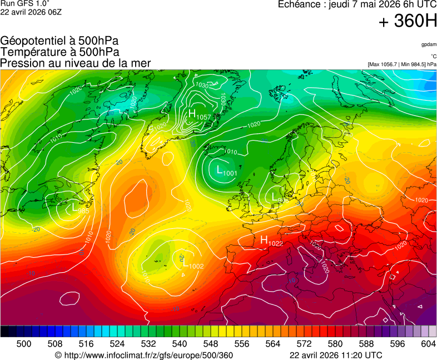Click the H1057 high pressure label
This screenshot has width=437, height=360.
tap(200, 115)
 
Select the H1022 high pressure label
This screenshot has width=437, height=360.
tap(272, 241)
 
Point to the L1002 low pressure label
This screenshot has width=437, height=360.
tap(193, 264)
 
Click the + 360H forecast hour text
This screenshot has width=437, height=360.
tap(408, 22)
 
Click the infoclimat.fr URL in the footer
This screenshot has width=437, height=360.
tap(143, 356)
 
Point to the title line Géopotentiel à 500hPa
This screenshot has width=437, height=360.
tap(59, 41)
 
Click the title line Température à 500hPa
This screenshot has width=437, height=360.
tap(59, 52)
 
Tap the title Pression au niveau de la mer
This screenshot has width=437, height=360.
tap(76, 63)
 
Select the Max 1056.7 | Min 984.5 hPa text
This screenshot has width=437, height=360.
tap(402, 64)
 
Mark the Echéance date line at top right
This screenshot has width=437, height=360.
tap(357, 4)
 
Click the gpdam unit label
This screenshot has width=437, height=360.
tap(428, 44)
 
